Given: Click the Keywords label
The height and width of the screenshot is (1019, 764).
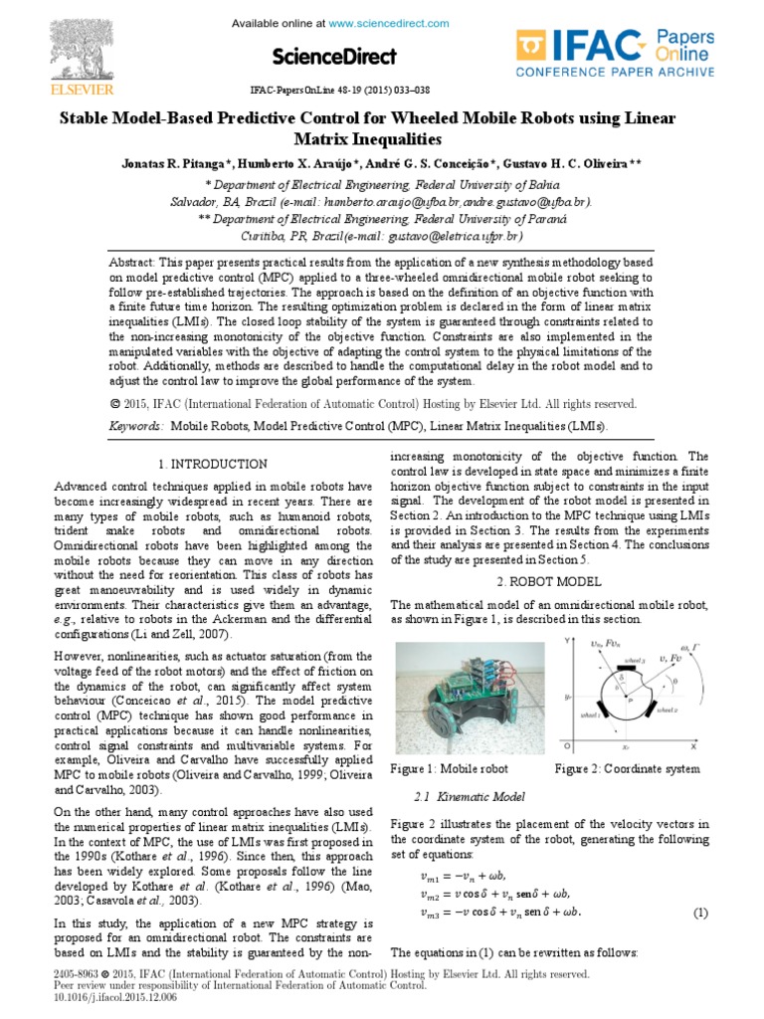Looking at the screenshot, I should [136, 426].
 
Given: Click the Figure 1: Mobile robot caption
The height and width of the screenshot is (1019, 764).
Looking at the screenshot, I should [450, 768].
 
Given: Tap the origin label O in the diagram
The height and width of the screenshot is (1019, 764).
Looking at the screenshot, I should [566, 744].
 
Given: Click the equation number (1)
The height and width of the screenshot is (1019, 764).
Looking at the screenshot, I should [699, 913].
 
